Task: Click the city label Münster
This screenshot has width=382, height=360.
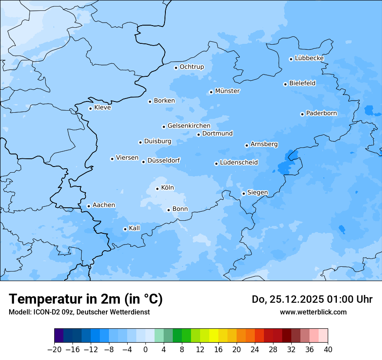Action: click(227, 91)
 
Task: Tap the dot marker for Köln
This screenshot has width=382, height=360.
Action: click(157, 189)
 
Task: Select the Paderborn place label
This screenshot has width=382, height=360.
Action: click(321, 113)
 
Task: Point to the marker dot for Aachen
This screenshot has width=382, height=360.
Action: click(89, 206)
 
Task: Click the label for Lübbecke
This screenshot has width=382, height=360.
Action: click(309, 58)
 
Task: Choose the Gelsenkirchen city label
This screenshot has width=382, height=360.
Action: click(189, 126)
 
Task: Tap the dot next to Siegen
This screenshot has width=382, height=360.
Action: click(244, 193)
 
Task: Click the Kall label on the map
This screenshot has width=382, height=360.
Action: click(135, 228)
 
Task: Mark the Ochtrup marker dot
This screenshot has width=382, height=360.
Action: click(176, 68)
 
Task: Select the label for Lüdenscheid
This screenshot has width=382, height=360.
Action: click(239, 163)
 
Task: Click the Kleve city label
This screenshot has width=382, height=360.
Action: click(102, 108)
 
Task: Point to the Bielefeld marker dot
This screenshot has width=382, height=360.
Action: click(285, 84)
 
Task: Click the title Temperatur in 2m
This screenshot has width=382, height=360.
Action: click(86, 299)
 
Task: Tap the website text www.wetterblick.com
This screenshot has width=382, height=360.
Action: click(313, 312)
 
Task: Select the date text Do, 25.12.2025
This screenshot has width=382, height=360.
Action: click(288, 299)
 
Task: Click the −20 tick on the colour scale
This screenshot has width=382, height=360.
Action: click(54, 350)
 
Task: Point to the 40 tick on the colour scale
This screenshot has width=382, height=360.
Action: click(328, 350)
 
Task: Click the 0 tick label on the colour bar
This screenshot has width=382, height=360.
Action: click(145, 350)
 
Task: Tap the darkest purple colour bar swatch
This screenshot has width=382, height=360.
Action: click(59, 336)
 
